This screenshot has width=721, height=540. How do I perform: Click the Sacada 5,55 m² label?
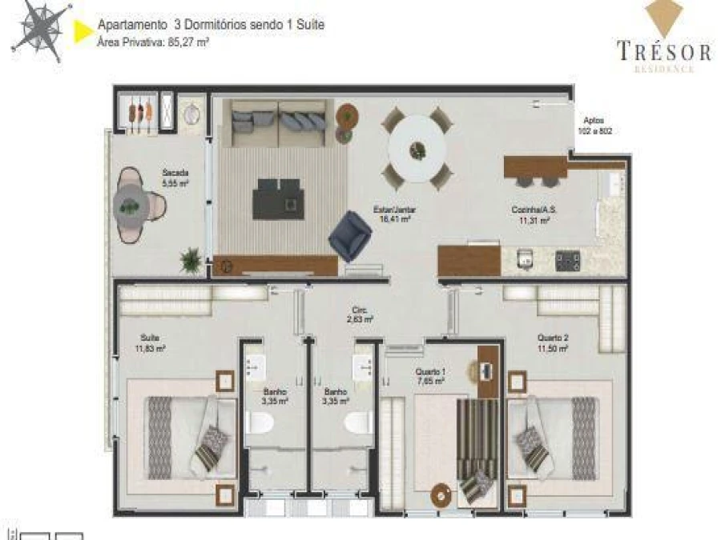(175, 178)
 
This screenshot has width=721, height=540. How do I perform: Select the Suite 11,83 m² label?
(151, 343)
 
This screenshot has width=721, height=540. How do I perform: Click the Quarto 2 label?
(553, 343)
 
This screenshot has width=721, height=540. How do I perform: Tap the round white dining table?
(417, 148)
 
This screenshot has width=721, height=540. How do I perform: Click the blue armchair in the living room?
(350, 235)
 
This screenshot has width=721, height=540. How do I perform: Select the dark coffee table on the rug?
(278, 198)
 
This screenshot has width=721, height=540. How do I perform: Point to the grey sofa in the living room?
(277, 123)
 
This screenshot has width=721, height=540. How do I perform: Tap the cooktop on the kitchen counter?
(569, 259)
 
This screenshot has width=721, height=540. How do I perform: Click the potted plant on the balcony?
(191, 259)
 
